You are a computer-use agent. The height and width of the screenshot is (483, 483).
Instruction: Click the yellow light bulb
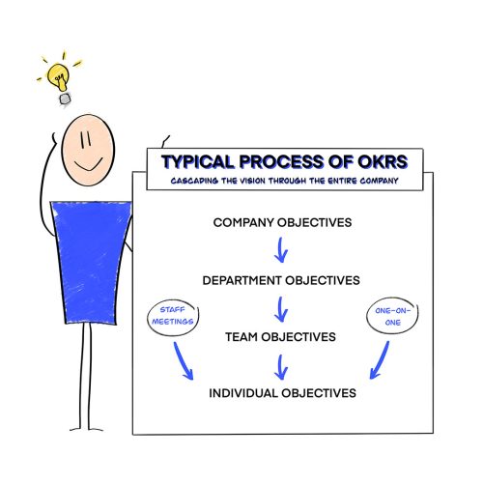pos(58,77)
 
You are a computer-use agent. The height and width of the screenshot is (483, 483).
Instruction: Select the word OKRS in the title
pos(383,162)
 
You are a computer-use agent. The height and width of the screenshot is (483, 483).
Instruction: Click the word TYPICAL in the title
pos(198,162)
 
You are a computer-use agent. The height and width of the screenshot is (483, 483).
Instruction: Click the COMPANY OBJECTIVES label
pos(282,222)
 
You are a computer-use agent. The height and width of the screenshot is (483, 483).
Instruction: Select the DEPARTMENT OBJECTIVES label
pos(281,280)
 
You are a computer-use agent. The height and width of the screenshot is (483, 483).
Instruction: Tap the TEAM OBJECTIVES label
pos(280,337)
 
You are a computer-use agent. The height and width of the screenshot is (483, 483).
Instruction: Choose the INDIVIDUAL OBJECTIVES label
pos(282,393)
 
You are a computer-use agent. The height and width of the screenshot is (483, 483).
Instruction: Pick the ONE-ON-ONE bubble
pos(392,316)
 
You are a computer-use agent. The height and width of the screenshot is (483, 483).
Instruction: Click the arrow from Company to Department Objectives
pos(281,250)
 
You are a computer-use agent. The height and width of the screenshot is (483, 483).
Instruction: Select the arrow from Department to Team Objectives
pos(281,309)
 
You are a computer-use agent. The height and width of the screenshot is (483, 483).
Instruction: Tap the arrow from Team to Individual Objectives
pos(281,367)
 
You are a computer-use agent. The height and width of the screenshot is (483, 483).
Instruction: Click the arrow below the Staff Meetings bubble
pos(182,360)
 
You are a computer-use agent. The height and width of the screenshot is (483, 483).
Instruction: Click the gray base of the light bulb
pos(65,99)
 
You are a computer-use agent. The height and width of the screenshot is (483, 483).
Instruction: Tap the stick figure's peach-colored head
pos(88,150)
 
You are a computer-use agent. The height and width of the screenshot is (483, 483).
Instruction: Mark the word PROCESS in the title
pos(279,162)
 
